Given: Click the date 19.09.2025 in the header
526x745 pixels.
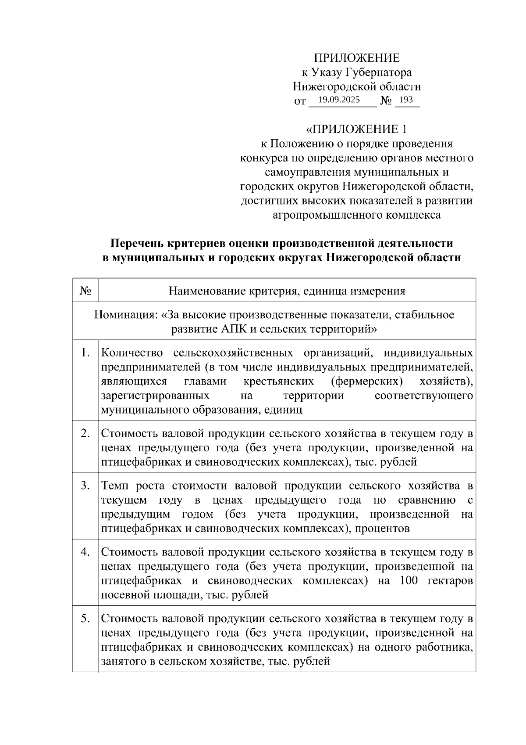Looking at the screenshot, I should tap(339, 100).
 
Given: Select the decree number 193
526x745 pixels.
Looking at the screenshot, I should tap(406, 100).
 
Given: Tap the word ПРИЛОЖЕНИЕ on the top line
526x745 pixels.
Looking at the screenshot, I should tap(356, 58).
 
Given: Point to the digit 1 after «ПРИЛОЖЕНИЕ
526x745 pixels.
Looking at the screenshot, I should tap(405, 130).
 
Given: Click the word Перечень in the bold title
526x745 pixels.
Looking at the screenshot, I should tap(133, 243).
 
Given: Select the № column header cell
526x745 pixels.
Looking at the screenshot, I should tap(85, 290).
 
